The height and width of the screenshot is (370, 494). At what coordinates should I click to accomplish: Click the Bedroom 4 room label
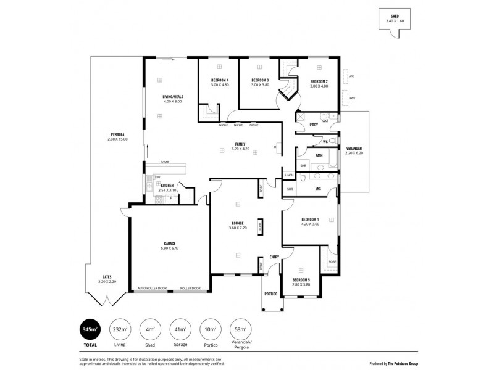click(220, 81)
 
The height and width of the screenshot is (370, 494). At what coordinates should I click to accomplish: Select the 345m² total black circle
click(90, 331)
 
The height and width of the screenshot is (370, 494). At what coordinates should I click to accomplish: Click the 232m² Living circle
click(120, 331)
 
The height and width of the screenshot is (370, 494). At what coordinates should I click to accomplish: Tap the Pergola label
click(117, 134)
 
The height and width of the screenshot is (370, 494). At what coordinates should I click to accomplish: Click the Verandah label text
click(354, 148)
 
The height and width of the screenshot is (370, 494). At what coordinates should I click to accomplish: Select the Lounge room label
click(238, 223)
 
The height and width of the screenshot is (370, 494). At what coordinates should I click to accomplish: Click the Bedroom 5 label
click(301, 280)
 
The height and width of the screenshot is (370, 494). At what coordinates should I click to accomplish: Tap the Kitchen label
click(167, 186)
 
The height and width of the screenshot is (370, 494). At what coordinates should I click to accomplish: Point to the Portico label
click(270, 294)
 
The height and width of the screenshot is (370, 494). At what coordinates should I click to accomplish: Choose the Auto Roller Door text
click(152, 288)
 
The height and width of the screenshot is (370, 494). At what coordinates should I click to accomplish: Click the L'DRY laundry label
click(314, 125)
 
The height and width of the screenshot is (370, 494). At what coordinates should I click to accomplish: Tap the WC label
click(325, 142)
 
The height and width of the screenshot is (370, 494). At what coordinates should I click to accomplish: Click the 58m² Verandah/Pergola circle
click(238, 331)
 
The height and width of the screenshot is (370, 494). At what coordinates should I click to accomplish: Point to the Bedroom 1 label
click(309, 220)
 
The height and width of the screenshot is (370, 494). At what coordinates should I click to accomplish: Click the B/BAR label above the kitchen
click(164, 162)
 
